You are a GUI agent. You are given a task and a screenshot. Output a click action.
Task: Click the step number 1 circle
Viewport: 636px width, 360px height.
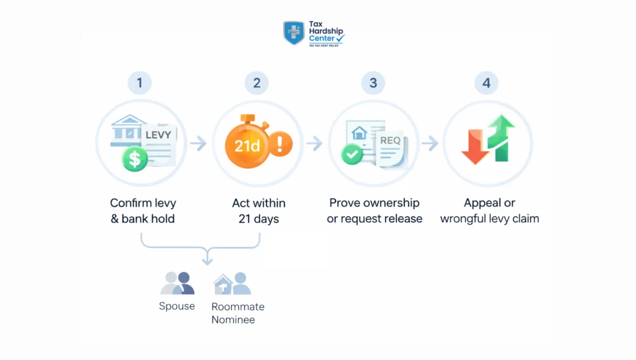click(x=140, y=83)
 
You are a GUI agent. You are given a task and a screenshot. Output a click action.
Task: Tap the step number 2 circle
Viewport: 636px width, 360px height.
click(x=257, y=83)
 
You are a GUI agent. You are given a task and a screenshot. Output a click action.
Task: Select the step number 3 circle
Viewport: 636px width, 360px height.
click(x=373, y=83)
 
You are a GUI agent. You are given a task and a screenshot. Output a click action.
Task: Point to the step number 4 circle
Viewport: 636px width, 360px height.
click(x=487, y=83)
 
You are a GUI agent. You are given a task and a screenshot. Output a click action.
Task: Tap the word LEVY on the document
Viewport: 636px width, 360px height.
click(x=158, y=134)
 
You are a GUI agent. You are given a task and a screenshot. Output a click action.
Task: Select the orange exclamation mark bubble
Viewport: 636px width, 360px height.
click(x=280, y=145)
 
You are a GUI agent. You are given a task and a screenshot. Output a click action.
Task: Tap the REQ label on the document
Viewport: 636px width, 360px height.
click(x=391, y=141)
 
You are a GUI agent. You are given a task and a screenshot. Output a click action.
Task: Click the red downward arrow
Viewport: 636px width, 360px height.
click(x=475, y=146)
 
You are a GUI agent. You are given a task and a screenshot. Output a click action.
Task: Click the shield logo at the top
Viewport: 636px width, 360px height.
click(x=294, y=33)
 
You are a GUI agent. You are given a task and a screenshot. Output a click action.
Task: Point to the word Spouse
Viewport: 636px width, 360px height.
click(x=177, y=307)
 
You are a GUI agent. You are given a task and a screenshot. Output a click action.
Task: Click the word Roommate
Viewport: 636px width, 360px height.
click(x=238, y=307)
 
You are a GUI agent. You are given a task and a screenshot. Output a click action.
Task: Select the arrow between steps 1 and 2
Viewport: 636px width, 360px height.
click(x=198, y=144)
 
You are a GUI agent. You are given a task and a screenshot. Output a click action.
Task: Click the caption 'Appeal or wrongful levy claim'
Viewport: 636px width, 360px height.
click(x=489, y=211)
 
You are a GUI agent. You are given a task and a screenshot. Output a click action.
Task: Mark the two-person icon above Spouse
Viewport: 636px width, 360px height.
click(x=177, y=283)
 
